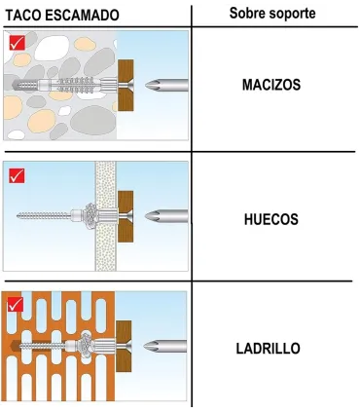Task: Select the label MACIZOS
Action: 271,86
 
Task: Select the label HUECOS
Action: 270,219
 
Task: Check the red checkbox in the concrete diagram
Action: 17,43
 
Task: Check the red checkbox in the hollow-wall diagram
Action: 17,175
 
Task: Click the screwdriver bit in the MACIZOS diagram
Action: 162,87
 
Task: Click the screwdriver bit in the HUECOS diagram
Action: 162,215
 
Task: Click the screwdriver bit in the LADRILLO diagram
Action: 162,345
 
